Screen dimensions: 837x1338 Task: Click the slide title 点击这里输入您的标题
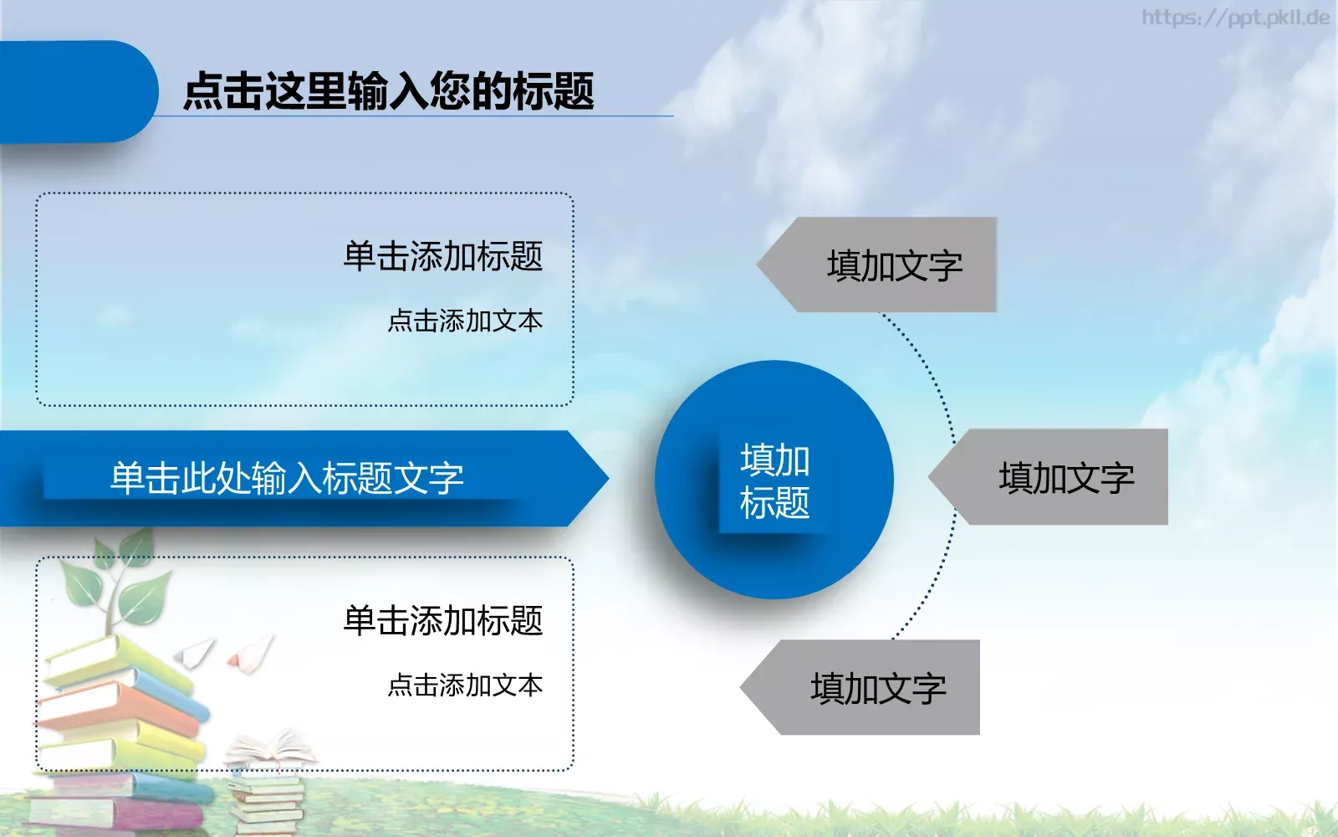(x=388, y=90)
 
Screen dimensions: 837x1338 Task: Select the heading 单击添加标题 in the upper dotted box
(x=442, y=256)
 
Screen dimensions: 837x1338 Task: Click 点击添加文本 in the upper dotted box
(x=465, y=321)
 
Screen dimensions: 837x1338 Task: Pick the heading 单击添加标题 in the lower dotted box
(x=442, y=621)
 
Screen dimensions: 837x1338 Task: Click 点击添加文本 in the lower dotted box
(x=465, y=686)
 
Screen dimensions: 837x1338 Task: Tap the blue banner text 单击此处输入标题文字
(x=287, y=479)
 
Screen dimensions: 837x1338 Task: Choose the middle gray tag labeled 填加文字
(x=1065, y=477)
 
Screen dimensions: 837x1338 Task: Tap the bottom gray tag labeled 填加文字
(x=877, y=688)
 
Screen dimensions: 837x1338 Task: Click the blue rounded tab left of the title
(x=75, y=90)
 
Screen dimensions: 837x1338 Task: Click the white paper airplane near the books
(x=196, y=652)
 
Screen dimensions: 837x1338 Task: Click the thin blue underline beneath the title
(x=418, y=116)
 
